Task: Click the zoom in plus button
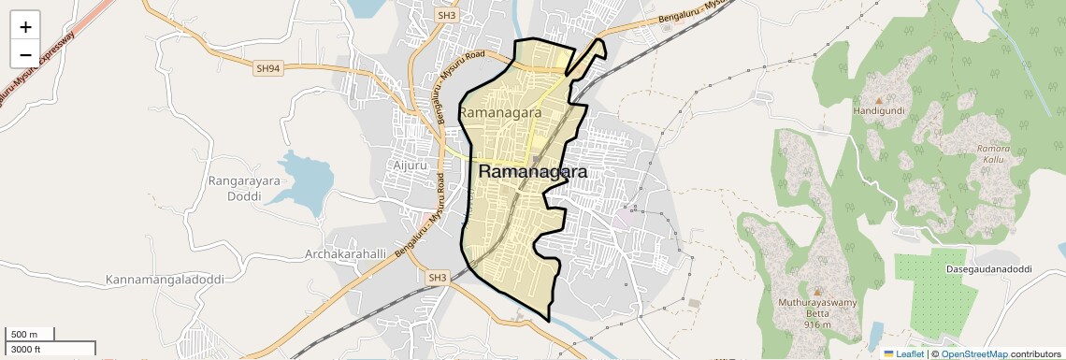pyautogui.click(x=25, y=26)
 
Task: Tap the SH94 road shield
pyautogui.click(x=267, y=68)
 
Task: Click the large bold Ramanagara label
pyautogui.click(x=533, y=172)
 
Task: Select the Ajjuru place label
pyautogui.click(x=407, y=166)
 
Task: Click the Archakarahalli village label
pyautogui.click(x=346, y=254)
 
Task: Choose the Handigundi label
pyautogui.click(x=878, y=110)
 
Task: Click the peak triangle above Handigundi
pyautogui.click(x=878, y=98)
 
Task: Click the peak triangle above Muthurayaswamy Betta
pyautogui.click(x=817, y=292)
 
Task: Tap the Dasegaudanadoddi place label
pyautogui.click(x=982, y=269)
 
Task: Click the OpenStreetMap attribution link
pyautogui.click(x=973, y=354)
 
